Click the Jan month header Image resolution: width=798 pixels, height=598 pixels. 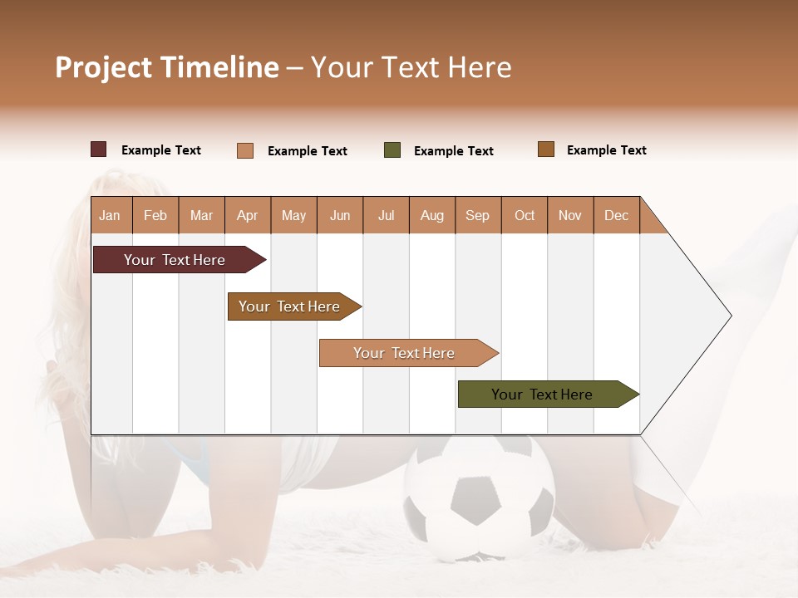(x=110, y=215)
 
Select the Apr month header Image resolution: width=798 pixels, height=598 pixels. (x=247, y=215)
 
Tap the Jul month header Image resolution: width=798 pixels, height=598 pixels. (x=386, y=215)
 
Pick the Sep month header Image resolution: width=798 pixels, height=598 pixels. (x=477, y=215)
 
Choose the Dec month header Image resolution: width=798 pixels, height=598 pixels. (x=616, y=215)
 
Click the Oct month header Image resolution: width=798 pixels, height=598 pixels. (x=524, y=215)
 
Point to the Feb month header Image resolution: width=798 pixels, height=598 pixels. (x=155, y=215)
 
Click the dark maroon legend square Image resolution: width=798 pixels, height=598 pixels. (x=98, y=149)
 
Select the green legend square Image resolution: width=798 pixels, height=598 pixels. (x=392, y=150)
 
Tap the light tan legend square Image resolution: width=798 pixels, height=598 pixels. (x=244, y=150)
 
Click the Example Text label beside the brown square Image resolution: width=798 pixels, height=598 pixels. (x=606, y=150)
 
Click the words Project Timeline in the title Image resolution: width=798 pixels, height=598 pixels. (x=166, y=67)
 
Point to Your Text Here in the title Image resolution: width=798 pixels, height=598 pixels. (x=411, y=67)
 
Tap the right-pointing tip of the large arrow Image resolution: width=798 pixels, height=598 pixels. (x=728, y=316)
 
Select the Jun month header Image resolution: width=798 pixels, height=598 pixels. (x=339, y=215)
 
